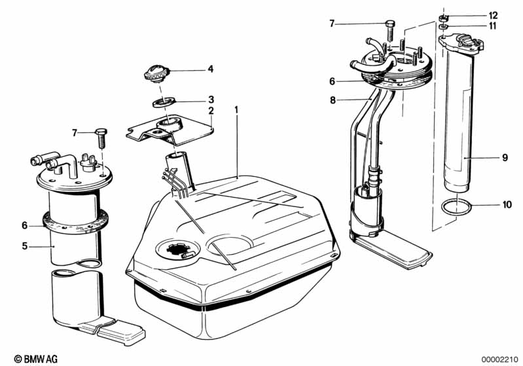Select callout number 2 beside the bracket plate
211,111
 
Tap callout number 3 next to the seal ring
211,100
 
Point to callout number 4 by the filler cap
211,68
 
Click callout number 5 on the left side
25,246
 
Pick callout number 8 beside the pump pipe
333,101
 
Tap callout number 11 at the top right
492,26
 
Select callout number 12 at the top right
492,15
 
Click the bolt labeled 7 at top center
391,27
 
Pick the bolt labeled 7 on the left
101,136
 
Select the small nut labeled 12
443,16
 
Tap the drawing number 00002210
498,358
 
